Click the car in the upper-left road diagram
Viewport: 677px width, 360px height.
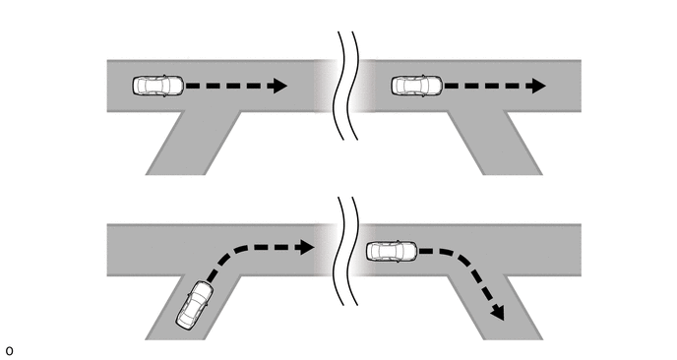coord(158,86)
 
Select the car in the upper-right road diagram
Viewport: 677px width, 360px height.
coord(417,86)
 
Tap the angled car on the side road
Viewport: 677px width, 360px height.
coord(194,305)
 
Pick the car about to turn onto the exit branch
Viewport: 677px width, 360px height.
coord(392,251)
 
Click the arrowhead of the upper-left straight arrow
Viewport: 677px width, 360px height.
coord(277,86)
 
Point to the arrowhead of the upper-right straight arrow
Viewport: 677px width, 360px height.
coord(536,86)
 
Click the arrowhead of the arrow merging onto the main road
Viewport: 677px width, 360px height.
coord(305,247)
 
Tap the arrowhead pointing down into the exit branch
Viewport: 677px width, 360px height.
coord(498,312)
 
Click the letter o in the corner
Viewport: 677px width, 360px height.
coord(10,351)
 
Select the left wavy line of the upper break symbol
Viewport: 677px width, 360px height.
coord(338,86)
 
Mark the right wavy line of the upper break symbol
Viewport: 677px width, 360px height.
coord(352,86)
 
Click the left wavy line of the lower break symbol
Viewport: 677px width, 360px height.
coord(338,251)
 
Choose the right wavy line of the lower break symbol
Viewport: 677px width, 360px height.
coord(352,251)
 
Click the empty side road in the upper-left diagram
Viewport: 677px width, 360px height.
coord(193,144)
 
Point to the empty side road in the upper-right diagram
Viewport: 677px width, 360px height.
coord(495,144)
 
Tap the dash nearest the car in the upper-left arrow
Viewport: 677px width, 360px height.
coord(193,86)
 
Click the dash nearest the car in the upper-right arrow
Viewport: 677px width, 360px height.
coord(452,86)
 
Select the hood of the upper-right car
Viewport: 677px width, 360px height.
coord(435,86)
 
